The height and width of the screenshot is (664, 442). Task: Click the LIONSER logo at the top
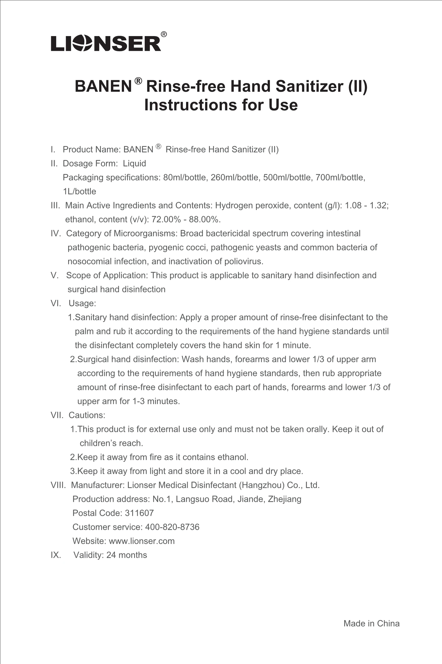(106, 43)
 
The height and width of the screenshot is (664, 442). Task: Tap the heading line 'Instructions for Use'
(221, 105)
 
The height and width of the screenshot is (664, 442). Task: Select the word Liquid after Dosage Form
(134, 164)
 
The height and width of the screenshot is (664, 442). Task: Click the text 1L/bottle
(80, 192)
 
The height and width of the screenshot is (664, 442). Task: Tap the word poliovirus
(244, 262)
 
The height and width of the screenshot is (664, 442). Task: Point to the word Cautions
(87, 415)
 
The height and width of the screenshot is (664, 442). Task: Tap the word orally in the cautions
(316, 429)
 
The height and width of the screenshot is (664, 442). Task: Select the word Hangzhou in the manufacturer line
(262, 485)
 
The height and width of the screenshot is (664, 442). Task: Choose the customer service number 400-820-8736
(172, 527)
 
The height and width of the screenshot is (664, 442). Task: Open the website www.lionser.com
(141, 541)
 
